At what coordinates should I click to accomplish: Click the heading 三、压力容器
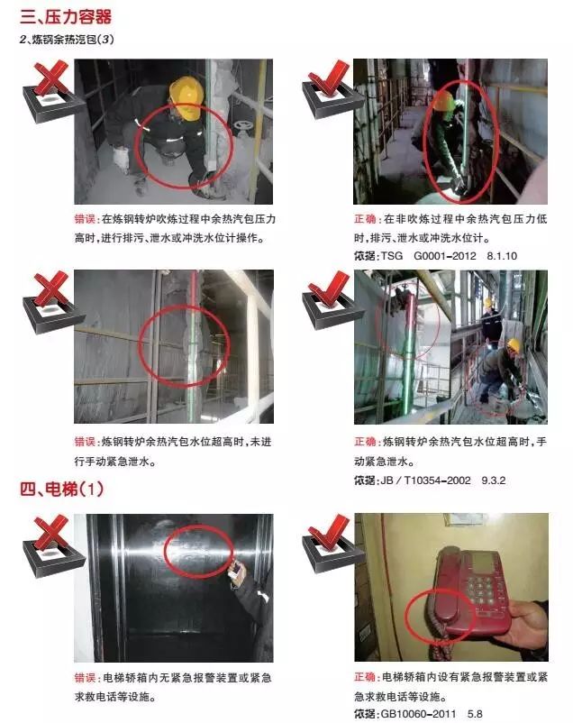(x=65, y=16)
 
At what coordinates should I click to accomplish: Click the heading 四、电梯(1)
(x=62, y=489)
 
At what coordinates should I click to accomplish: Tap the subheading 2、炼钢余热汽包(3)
(x=67, y=39)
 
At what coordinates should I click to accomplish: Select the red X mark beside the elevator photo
(x=51, y=534)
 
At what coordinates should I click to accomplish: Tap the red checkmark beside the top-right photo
(x=330, y=77)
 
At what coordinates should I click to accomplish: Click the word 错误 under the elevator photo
(x=86, y=678)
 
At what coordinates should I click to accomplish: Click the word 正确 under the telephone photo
(x=366, y=677)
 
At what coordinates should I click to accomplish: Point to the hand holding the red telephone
(x=523, y=624)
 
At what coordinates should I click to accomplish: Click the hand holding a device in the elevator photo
(x=238, y=572)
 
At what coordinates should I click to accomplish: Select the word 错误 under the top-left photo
(x=86, y=218)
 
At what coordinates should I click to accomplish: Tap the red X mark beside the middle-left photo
(x=51, y=289)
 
